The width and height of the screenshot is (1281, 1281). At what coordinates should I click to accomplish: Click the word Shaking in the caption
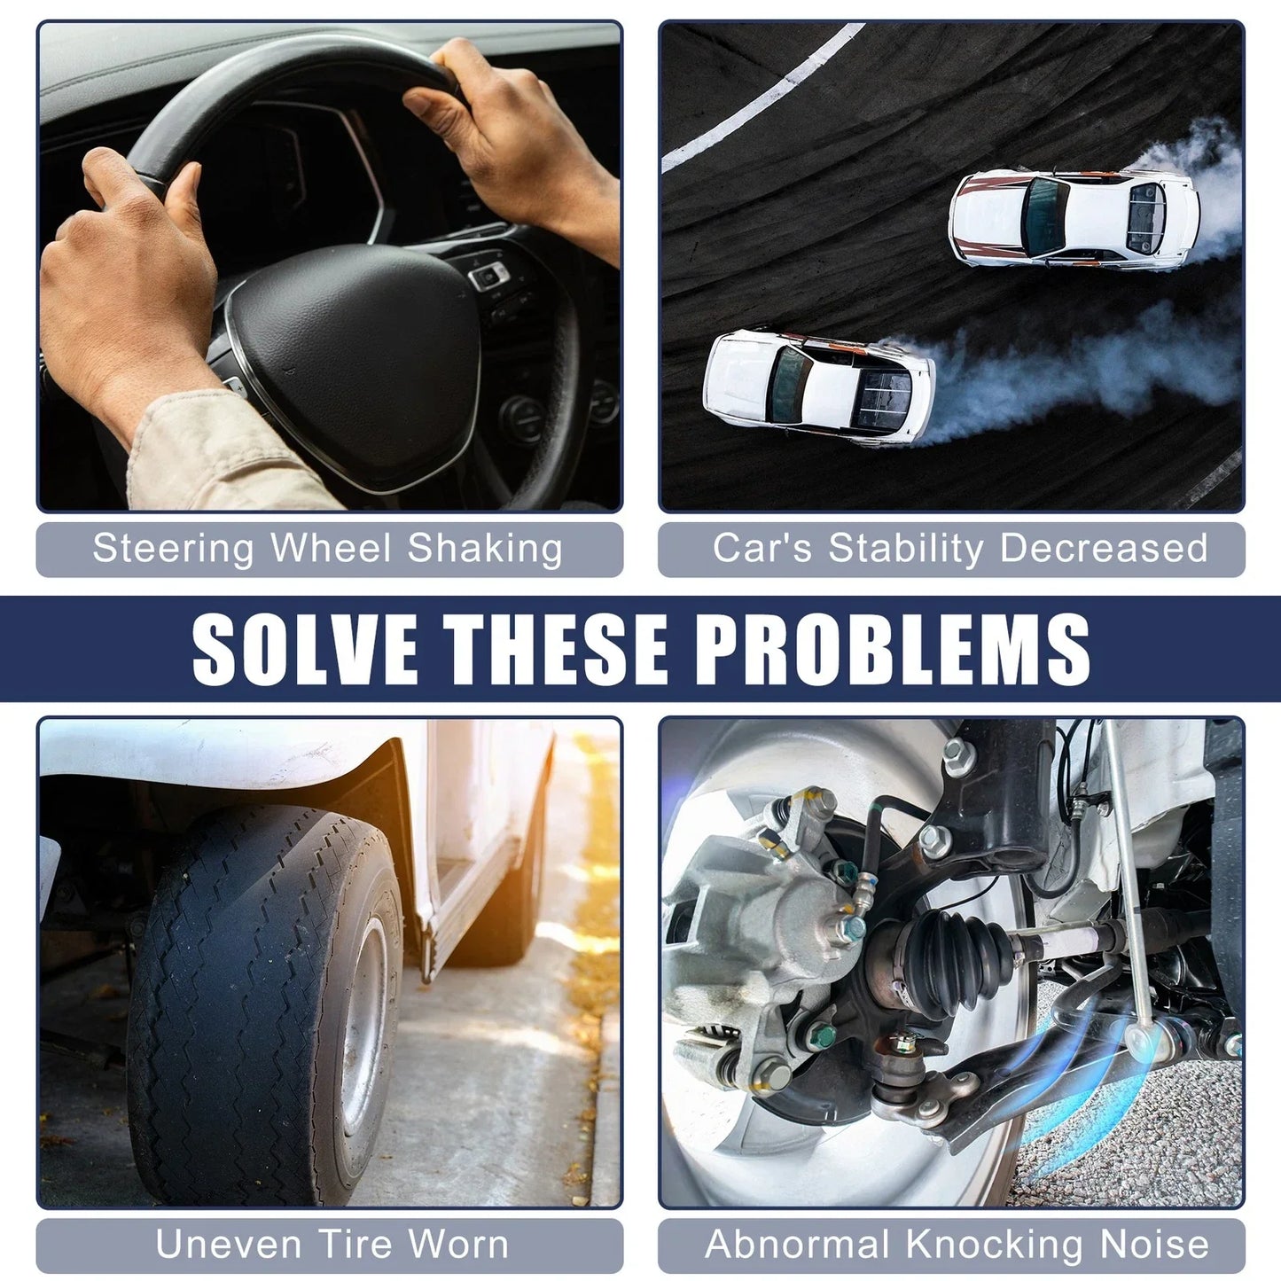(x=485, y=550)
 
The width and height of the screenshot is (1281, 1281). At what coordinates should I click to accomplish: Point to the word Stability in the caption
(x=905, y=549)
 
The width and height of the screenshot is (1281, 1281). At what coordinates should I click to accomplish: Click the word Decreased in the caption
(x=1104, y=549)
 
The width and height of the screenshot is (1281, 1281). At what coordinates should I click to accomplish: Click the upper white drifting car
(x=1074, y=219)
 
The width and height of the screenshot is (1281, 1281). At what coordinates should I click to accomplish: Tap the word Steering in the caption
(x=174, y=550)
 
